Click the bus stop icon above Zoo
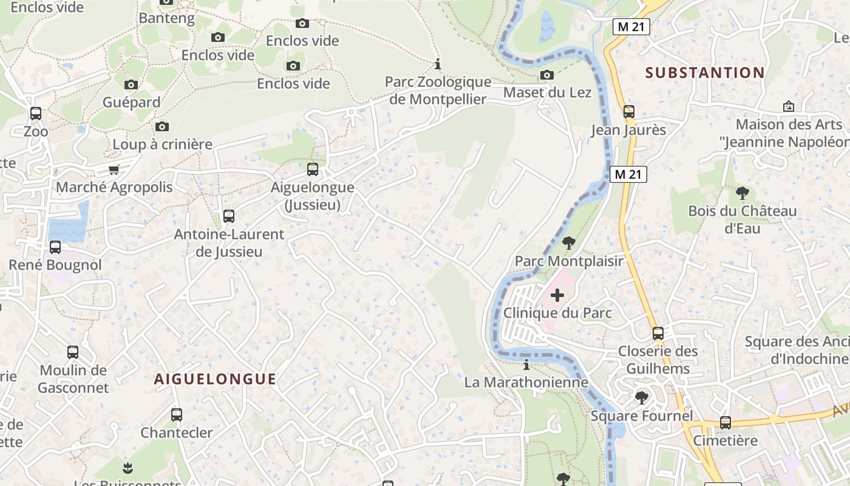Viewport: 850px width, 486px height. pos(36,114)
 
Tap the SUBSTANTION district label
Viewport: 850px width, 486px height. pos(705,73)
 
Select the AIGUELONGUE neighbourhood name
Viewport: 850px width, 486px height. pos(215,379)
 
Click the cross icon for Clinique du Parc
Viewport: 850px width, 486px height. pos(557,295)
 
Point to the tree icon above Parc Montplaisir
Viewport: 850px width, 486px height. pos(569,244)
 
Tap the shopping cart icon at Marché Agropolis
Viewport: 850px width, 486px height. pos(114,169)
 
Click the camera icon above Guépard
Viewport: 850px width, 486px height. pos(131,85)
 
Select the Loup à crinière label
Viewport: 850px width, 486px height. pos(163,145)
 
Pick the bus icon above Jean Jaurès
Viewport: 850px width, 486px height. pos(629,112)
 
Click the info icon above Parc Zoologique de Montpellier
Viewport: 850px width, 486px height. pos(437,64)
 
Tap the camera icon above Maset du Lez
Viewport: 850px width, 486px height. pos(547,75)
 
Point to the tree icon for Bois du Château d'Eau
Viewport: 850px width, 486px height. pos(742,194)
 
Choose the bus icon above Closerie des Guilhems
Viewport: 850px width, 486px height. pos(658,334)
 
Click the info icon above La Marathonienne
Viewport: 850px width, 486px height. pos(526,365)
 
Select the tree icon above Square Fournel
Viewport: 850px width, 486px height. pos(641,399)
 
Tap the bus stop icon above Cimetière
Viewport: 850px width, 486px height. pos(726,423)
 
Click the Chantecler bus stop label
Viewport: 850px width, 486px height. pos(177,433)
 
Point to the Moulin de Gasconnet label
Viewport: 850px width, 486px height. pos(73,379)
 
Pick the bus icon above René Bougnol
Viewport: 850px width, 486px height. pos(55,247)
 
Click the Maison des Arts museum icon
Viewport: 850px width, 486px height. pos(789,107)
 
